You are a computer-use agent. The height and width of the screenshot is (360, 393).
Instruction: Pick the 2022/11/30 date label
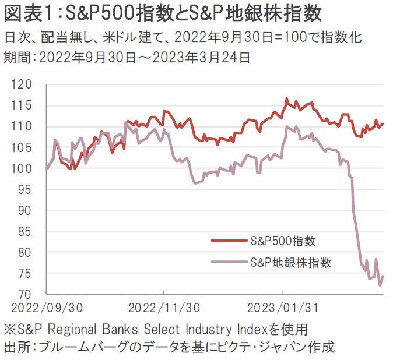pos(164,306)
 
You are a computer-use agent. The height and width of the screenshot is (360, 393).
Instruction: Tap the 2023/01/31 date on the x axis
pos(282,306)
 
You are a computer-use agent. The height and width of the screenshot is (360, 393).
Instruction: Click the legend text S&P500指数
pos(283,240)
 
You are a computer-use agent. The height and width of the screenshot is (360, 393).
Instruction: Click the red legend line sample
pos(228,240)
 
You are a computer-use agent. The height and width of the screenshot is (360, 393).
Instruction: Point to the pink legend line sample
pos(228,262)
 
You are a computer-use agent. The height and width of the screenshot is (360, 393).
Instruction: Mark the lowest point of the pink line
pos(381,285)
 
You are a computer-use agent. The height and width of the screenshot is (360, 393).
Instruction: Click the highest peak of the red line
pos(287,98)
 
